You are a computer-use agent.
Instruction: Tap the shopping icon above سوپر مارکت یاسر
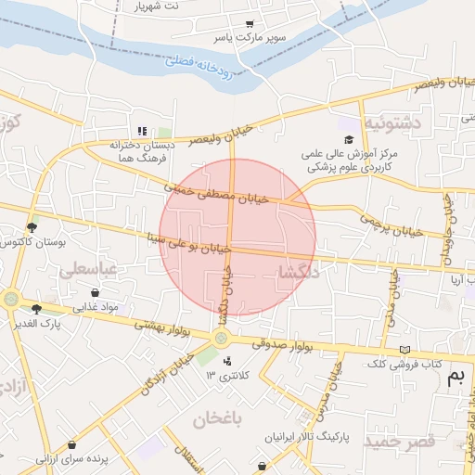click(250, 25)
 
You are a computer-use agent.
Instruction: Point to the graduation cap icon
click(349, 139)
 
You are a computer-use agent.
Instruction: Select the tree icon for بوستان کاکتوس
click(32, 227)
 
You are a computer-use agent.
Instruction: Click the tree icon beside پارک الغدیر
click(36, 309)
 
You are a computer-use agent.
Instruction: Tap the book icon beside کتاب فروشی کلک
click(403, 349)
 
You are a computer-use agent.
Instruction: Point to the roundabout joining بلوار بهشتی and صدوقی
click(222, 338)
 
